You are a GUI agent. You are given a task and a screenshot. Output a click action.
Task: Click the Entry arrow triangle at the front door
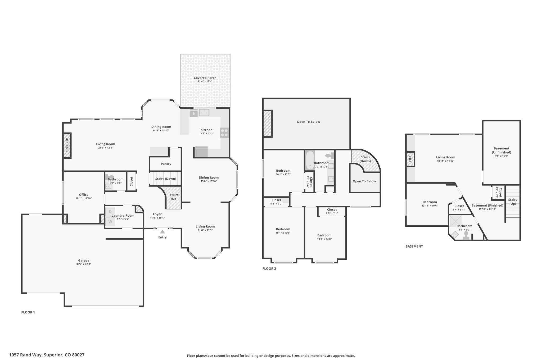coord(162,232)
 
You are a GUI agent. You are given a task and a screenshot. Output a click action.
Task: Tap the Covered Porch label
coord(205,78)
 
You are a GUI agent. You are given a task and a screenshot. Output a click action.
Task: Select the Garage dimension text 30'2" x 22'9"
coord(84,264)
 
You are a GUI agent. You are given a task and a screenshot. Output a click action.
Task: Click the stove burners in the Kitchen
coord(224,133)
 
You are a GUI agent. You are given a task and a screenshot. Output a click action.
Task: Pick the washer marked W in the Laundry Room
coord(110,222)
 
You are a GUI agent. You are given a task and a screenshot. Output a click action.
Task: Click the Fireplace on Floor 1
coord(67,145)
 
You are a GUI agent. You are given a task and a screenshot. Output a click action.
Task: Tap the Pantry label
coord(166,164)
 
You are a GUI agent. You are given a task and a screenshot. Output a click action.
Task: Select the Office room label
coord(84,195)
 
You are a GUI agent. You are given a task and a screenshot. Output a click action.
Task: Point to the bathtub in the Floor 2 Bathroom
coord(309,161)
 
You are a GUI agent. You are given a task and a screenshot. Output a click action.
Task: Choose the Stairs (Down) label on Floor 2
coord(365,159)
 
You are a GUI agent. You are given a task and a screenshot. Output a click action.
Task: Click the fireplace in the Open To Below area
coord(268,124)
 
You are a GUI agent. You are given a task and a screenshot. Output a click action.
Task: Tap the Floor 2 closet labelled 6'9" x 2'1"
coord(332,211)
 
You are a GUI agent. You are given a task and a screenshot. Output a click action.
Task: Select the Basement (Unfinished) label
coord(502,150)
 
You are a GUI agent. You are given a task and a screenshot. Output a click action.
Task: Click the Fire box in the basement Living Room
coord(410,159)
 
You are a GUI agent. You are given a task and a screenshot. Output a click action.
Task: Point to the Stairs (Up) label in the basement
coord(513,202)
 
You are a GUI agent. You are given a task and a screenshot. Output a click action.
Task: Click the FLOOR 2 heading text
coord(269,269)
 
